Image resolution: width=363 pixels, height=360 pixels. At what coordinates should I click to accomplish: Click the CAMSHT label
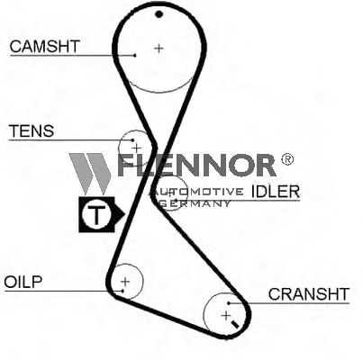[44, 46]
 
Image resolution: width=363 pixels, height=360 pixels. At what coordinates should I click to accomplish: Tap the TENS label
[32, 130]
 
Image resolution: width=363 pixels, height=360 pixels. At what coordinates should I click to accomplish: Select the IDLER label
[276, 191]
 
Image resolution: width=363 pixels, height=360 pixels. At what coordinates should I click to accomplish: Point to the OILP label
[23, 282]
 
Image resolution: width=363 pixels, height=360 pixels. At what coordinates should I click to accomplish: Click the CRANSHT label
[309, 294]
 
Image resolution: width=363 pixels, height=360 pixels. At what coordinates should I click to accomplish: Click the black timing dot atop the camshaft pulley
[159, 14]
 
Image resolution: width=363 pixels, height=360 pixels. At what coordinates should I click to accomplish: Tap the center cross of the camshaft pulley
[159, 48]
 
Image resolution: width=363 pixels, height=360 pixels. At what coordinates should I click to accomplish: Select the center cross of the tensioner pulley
[137, 148]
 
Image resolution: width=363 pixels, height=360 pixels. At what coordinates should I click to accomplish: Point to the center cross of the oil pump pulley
[125, 282]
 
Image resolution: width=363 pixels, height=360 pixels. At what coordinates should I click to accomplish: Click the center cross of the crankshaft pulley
[225, 315]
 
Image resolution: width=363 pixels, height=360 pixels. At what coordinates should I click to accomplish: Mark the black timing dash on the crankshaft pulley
[234, 324]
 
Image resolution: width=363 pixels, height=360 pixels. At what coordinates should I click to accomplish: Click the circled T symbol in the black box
[96, 215]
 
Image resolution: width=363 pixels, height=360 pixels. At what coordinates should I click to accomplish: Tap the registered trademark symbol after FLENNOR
[287, 159]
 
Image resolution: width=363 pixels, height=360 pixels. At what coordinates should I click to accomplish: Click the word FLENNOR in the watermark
[196, 165]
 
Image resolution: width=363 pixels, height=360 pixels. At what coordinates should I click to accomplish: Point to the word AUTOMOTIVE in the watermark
[197, 192]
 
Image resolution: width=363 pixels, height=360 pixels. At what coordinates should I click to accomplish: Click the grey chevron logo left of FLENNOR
[89, 174]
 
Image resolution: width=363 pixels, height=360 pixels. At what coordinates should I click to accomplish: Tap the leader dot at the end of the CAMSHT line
[135, 55]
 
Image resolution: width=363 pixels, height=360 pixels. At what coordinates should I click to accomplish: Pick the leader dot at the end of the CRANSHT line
[229, 303]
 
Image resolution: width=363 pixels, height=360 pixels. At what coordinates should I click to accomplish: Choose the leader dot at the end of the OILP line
[123, 291]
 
